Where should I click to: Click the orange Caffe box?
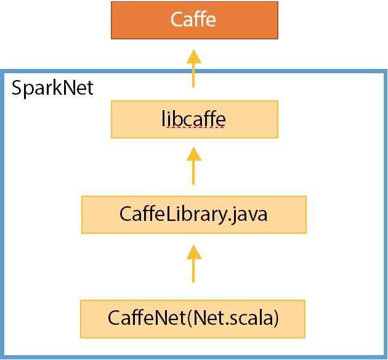tap(194, 20)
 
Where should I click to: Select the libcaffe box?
tap(194, 119)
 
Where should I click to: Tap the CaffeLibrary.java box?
tap(193, 215)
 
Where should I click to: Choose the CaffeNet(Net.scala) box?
tap(193, 319)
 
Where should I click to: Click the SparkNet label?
tap(52, 88)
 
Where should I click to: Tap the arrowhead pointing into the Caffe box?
tap(194, 57)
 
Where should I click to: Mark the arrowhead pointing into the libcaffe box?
tap(194, 154)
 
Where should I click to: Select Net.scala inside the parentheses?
tap(233, 319)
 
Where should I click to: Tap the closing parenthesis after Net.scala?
tap(276, 319)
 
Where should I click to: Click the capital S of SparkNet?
tap(17, 88)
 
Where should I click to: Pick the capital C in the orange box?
tap(177, 20)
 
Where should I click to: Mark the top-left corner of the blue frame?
tap(2, 72)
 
